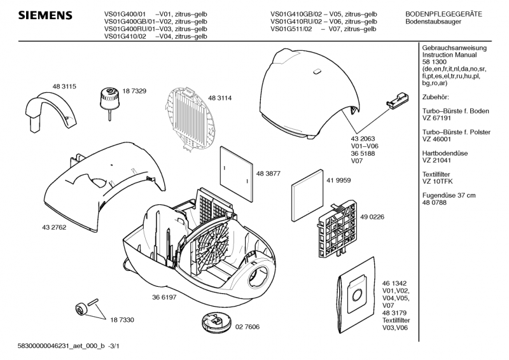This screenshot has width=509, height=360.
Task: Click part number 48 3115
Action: tap(64, 86)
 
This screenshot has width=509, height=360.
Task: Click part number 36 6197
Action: tap(164, 296)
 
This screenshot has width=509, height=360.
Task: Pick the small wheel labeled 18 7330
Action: tap(80, 310)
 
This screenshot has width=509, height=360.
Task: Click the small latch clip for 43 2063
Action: tap(395, 100)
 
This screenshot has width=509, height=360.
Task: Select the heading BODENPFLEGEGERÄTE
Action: tap(443, 13)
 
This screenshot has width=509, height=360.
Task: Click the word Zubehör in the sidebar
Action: tap(436, 97)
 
